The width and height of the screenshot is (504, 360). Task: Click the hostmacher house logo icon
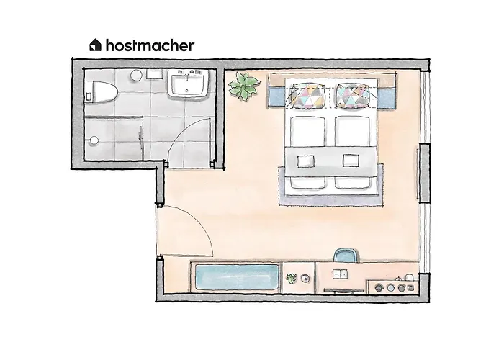click(95, 45)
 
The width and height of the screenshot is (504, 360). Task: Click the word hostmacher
click(149, 45)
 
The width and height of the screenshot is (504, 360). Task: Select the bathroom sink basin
click(189, 86)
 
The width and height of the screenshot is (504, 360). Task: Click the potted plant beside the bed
click(243, 87)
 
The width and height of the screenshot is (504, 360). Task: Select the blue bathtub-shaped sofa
click(235, 278)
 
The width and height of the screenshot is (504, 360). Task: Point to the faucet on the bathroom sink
click(189, 74)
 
